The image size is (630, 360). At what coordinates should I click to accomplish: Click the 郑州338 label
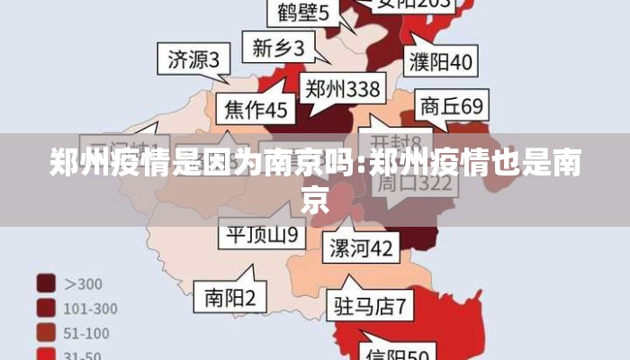[x=341, y=88]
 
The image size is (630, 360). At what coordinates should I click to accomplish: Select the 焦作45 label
[x=256, y=110]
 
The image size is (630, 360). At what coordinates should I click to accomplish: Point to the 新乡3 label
[x=278, y=46]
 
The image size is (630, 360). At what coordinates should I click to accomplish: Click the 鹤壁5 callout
[x=302, y=13]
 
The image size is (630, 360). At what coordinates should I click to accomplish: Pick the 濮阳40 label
[x=440, y=62]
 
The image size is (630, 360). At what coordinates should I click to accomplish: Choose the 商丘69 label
[x=451, y=106]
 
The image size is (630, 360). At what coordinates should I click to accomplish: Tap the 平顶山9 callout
[x=260, y=236]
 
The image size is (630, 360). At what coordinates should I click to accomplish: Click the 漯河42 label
[x=360, y=247]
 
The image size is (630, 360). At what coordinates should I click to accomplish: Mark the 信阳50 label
[x=399, y=351]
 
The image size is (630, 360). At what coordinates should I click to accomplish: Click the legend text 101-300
[x=90, y=308]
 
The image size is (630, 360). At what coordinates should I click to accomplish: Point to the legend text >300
[x=83, y=283]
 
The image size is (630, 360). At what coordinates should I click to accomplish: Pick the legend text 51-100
[x=86, y=333]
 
